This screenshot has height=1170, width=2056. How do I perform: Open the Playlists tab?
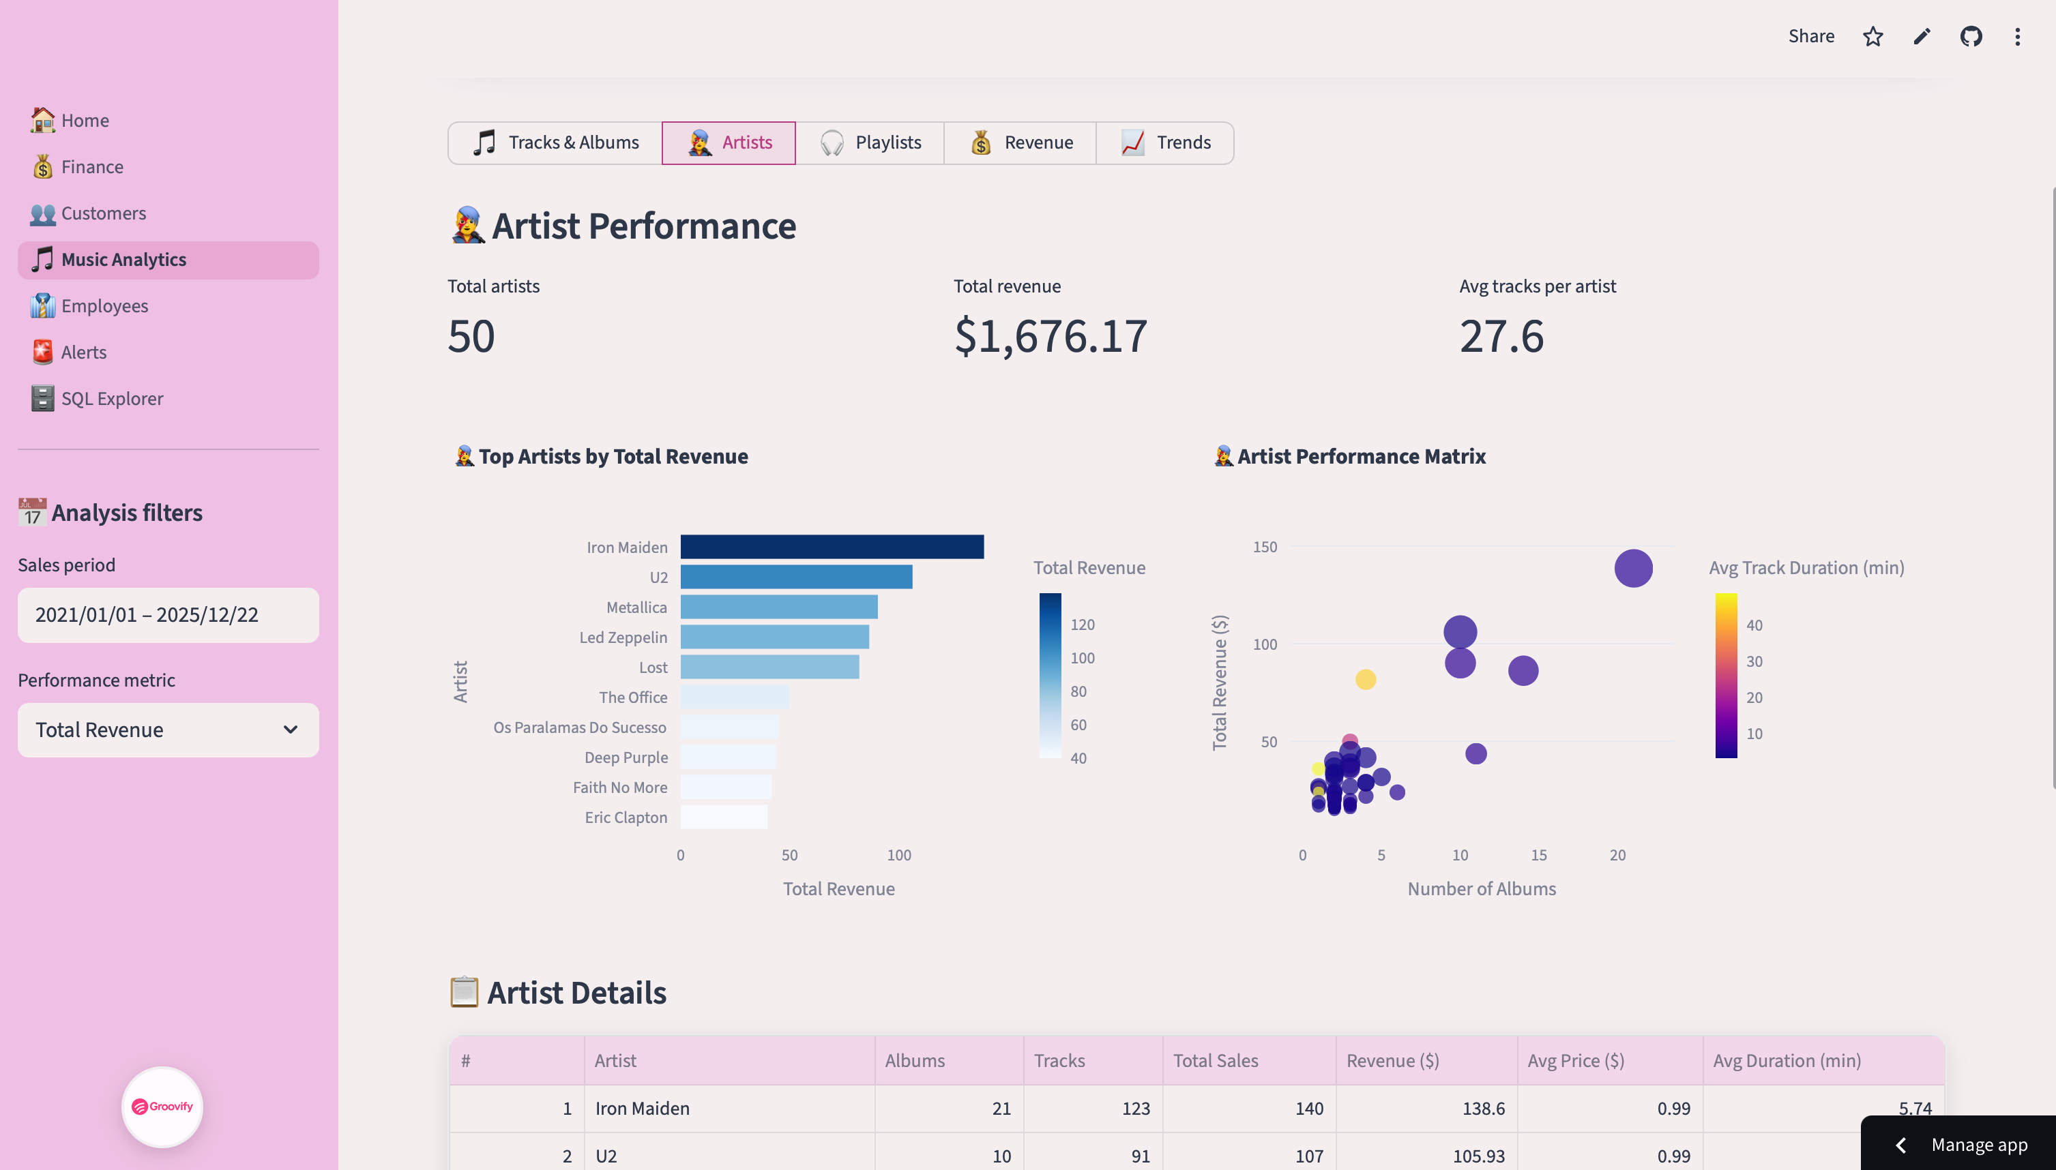870,143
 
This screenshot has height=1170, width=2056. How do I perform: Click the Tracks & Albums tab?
555,143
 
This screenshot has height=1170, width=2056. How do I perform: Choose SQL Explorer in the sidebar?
112,399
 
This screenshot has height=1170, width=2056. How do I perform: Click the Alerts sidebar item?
84,352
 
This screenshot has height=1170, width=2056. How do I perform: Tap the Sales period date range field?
168,615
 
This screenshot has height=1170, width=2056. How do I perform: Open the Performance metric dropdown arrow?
290,730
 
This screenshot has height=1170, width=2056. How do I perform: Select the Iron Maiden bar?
832,546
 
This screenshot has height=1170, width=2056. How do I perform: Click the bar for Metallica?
778,607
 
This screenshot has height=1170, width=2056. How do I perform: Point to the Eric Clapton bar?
723,817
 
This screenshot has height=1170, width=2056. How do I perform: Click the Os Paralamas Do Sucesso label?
580,727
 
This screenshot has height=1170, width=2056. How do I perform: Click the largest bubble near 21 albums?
1633,568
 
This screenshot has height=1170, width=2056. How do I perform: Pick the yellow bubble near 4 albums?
1365,680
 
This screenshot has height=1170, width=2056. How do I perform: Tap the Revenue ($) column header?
1392,1061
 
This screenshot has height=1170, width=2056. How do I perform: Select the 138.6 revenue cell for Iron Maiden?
1483,1108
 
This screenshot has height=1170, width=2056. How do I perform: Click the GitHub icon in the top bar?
1971,36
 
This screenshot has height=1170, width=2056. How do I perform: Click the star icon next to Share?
1873,36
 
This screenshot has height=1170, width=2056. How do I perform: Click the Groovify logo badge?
162,1107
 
